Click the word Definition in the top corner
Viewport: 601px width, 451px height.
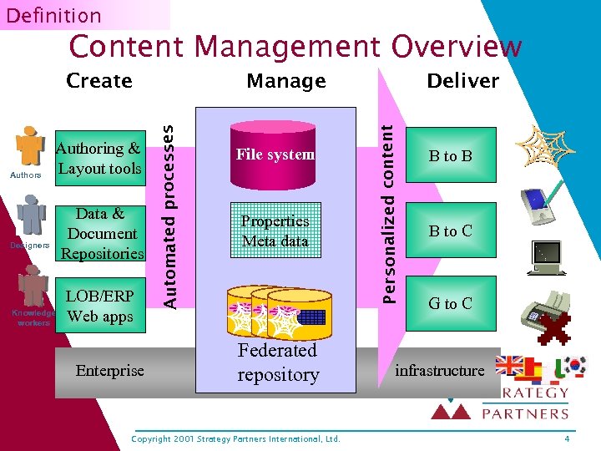pyautogui.click(x=53, y=15)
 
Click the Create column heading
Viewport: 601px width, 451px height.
pyautogui.click(x=98, y=81)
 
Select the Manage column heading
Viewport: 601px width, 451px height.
pyautogui.click(x=285, y=81)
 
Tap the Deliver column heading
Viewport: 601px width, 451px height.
pyautogui.click(x=462, y=81)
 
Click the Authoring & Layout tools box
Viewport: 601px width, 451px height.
pyautogui.click(x=98, y=158)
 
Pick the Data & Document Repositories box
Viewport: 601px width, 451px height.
pyautogui.click(x=103, y=234)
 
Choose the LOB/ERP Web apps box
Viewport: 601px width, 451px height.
pyautogui.click(x=100, y=307)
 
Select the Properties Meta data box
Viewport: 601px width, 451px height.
pyautogui.click(x=275, y=231)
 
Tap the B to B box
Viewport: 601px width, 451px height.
pyautogui.click(x=451, y=155)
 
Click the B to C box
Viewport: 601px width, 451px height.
pyautogui.click(x=451, y=231)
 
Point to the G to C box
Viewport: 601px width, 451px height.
pyautogui.click(x=451, y=303)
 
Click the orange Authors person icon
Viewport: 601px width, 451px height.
pyautogui.click(x=31, y=147)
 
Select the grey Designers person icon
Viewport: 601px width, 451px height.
pyautogui.click(x=32, y=216)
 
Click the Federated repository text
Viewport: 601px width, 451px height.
pyautogui.click(x=278, y=362)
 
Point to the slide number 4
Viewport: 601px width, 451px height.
pyautogui.click(x=567, y=438)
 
